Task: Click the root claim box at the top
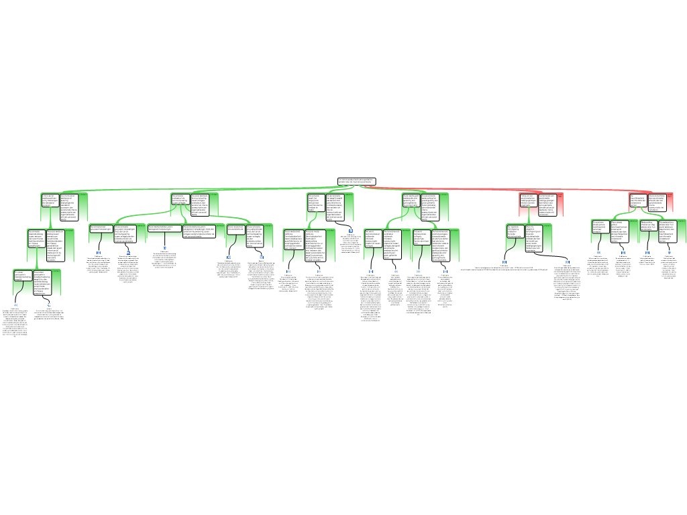click(356, 181)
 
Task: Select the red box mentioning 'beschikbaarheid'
click(637, 201)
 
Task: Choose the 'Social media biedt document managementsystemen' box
click(164, 228)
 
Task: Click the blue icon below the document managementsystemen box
click(164, 248)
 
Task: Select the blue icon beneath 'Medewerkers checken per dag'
click(647, 253)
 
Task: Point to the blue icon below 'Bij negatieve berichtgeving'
click(505, 262)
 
